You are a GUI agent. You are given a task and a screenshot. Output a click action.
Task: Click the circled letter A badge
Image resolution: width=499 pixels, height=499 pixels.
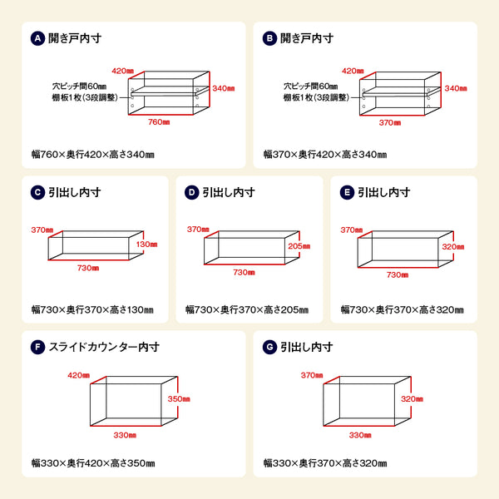coord(37,38)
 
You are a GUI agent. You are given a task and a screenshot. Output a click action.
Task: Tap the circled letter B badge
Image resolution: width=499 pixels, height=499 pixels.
coord(269,38)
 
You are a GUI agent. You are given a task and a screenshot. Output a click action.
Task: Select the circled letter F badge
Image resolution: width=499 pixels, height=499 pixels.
coord(37,347)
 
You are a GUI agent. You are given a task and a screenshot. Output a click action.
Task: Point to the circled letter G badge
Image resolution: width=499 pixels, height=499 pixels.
coord(269,347)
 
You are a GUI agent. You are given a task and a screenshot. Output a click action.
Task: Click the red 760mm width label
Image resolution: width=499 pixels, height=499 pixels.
coord(159,122)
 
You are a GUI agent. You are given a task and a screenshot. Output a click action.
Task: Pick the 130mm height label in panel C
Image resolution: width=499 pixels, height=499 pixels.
coord(146,244)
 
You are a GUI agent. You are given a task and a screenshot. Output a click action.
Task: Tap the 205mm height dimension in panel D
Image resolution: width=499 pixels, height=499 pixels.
coord(299,246)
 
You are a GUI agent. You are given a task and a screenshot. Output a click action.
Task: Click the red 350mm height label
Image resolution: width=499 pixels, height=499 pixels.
coord(179,398)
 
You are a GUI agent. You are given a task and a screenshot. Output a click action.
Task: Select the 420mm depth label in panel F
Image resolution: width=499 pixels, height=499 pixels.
coord(79,375)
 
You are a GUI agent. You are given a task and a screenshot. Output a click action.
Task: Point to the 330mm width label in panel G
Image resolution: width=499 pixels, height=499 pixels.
coord(360,435)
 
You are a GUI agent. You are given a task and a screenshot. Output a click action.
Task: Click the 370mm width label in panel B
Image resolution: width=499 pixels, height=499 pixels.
coord(390,122)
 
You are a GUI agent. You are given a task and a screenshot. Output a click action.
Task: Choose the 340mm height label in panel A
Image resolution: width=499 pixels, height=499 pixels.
coord(224,88)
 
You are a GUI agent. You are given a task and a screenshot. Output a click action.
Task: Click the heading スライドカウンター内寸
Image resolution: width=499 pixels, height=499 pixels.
coord(104,347)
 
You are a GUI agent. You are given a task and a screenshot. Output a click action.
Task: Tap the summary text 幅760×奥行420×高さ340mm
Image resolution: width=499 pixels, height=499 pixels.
coord(93,155)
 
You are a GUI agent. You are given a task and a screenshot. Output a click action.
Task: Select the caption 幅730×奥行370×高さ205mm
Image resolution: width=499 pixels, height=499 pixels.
coord(247,309)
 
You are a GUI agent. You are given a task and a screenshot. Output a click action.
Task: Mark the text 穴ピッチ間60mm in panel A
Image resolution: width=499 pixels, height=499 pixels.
coord(79,86)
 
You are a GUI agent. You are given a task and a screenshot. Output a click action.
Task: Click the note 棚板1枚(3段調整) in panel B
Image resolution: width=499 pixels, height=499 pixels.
coord(316,97)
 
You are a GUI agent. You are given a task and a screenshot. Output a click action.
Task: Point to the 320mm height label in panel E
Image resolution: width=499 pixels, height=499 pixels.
coord(453,247)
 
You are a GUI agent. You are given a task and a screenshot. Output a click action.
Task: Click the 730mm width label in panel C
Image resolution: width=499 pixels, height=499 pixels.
coord(88,268)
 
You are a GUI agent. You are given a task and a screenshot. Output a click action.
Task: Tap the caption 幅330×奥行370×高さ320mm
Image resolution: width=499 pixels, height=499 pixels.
coord(325,463)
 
